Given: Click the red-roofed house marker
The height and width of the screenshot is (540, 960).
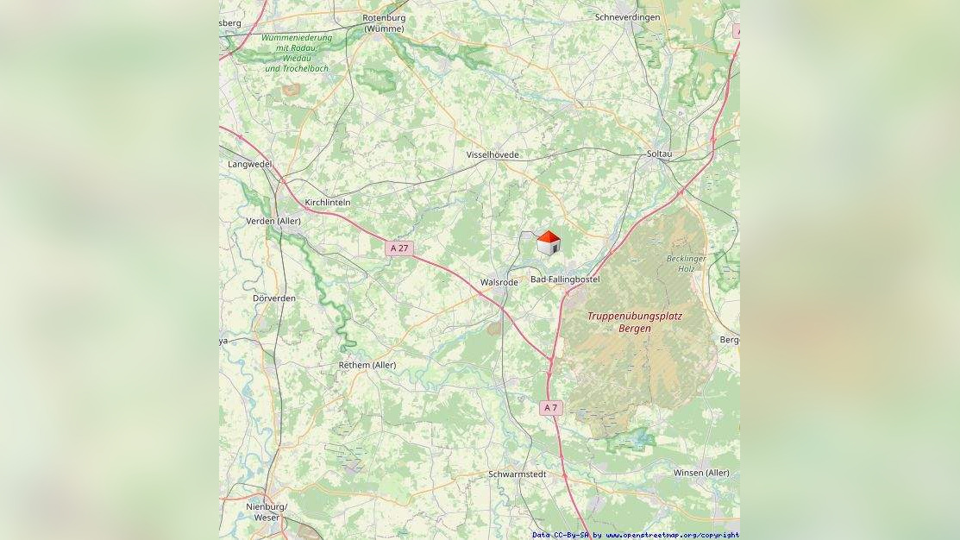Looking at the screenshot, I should pos(549,243).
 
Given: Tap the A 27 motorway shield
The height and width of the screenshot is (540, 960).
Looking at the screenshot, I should pos(399,248).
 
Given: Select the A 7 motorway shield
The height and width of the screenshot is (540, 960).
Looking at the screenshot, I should pos(551,407).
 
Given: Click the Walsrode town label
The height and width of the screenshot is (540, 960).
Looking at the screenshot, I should pos(499,282).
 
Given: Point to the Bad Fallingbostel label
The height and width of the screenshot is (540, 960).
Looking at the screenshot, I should pos(565,279).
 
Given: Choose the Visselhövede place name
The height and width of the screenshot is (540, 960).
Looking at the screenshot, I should pos(493,154).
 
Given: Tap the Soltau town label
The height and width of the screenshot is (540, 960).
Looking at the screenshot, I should pos(659,154).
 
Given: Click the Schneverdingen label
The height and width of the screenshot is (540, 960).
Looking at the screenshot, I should pos(628,17).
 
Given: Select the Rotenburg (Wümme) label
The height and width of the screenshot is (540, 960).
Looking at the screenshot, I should pos(384,22).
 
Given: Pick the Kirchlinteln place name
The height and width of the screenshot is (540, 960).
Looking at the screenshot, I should pos(328,202).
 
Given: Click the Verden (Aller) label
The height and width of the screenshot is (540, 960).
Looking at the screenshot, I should pos(273,221).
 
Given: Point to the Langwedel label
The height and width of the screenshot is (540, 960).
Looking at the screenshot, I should pos(249,164).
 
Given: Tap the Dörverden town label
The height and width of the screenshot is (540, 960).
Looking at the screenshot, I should pos(274,298).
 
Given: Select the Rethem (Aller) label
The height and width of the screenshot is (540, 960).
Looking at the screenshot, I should pos(367,365).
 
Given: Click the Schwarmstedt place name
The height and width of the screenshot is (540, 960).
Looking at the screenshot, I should pos(518,474).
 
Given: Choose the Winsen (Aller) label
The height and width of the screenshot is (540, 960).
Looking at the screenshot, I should pos(701,473).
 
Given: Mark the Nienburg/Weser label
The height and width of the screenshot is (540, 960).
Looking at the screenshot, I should pos(267,512).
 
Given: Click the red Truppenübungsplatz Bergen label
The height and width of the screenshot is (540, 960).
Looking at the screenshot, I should pos(635,322).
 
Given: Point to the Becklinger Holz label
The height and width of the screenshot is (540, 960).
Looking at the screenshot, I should pos(687,263).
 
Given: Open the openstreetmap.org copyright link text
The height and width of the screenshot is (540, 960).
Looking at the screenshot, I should pos(672,535).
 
